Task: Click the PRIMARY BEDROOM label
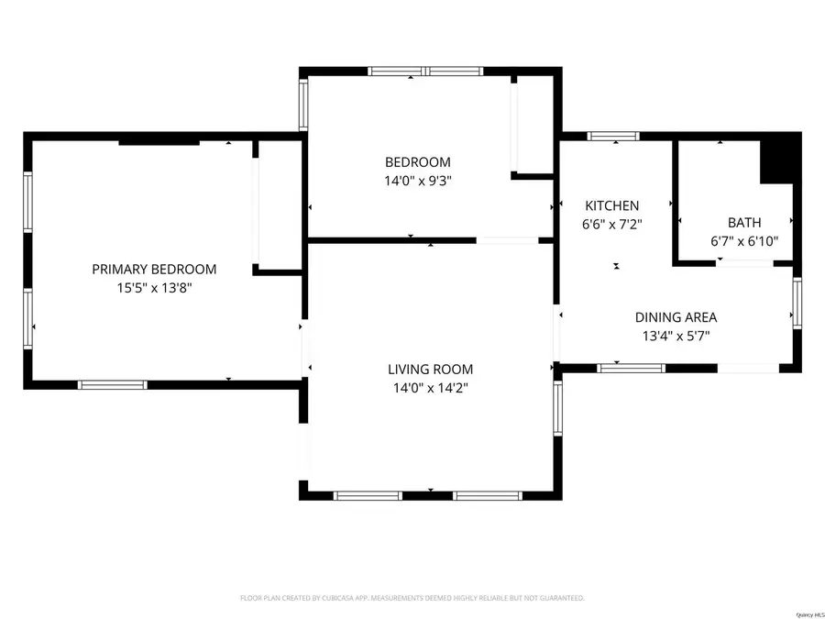(x=154, y=269)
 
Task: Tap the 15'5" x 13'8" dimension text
(x=154, y=287)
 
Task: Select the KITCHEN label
(x=612, y=205)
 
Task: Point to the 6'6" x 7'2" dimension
(x=612, y=223)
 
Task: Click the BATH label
(x=743, y=222)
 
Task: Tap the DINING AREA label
(x=676, y=317)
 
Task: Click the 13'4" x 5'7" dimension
(x=676, y=336)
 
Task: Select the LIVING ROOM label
(x=430, y=370)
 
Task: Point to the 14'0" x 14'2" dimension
(x=430, y=387)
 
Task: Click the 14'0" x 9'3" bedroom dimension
(x=417, y=181)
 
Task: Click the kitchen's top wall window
(x=614, y=137)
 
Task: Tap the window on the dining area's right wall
(x=797, y=304)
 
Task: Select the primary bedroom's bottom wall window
(x=112, y=384)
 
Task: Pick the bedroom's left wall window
(x=303, y=104)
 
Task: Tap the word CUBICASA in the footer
(x=332, y=598)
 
